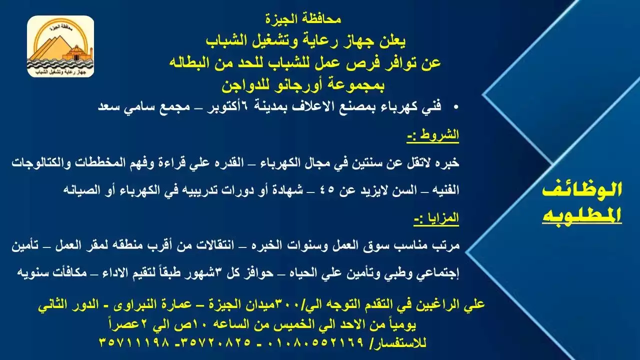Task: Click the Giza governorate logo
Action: (60, 46)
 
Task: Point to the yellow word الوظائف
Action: (582, 190)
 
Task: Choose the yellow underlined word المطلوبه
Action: (582, 216)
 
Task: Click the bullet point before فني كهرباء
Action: (455, 107)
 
